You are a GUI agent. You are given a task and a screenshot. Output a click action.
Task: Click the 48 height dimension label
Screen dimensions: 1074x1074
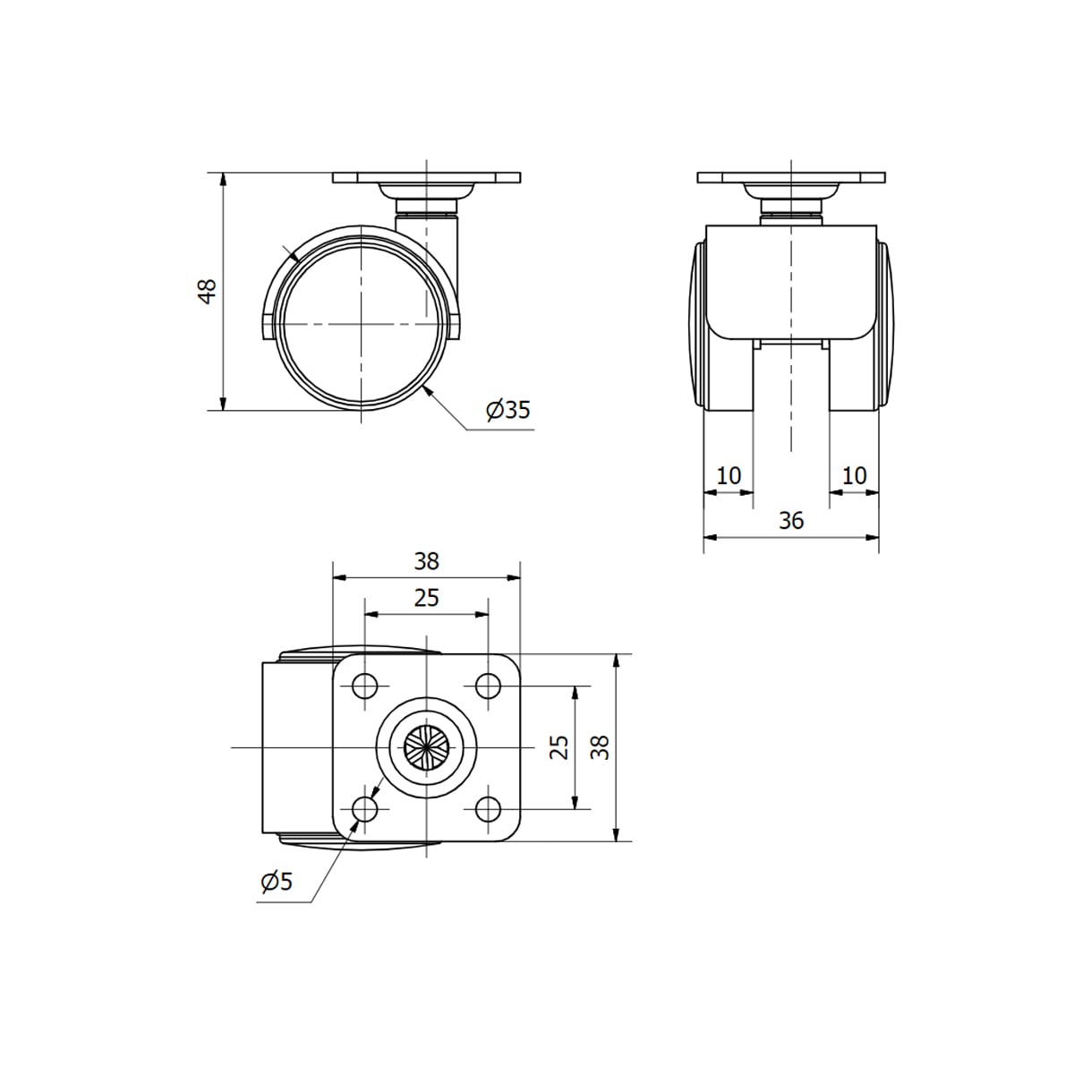tap(208, 291)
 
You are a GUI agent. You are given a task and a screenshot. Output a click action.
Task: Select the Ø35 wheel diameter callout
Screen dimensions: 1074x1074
tap(508, 410)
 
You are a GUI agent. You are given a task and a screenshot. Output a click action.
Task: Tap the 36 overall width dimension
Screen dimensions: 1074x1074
tap(791, 520)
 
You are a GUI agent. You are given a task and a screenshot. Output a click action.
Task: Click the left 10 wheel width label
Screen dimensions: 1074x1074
tap(729, 475)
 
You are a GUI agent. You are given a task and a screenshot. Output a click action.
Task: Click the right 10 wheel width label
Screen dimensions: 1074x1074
tap(854, 475)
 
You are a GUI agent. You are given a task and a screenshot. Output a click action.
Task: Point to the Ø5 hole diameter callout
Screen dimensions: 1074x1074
tap(277, 882)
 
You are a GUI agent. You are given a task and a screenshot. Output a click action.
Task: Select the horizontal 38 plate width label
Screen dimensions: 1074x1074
tap(426, 561)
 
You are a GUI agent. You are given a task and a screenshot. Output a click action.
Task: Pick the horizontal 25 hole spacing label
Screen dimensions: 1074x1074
tap(426, 598)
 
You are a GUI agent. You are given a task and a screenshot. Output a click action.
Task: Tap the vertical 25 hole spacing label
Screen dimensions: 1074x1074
tap(559, 747)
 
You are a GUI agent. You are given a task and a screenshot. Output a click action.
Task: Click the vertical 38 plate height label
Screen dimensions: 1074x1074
tap(601, 747)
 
